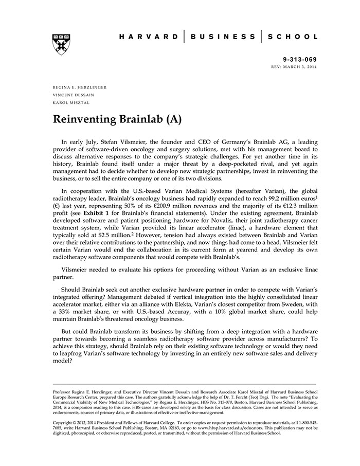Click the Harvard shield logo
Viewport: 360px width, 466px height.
pyautogui.click(x=61, y=45)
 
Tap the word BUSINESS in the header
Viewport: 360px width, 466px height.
pyautogui.click(x=223, y=37)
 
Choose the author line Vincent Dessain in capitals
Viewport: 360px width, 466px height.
pyautogui.click(x=73, y=95)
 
